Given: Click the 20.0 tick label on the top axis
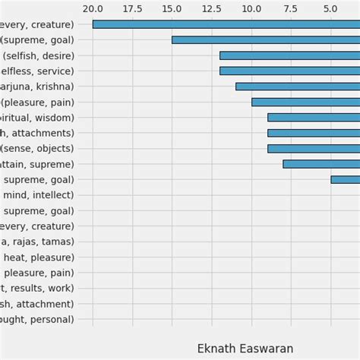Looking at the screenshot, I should point(93,8).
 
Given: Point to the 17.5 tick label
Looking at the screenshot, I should point(132,8).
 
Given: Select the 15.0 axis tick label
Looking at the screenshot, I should point(172,8).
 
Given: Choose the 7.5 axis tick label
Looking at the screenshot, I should point(290,8).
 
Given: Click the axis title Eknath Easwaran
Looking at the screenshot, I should point(245,349).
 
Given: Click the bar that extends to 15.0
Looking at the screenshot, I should point(265,39).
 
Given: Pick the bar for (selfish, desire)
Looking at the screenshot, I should point(289,55).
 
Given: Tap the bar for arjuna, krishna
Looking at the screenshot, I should point(297,87).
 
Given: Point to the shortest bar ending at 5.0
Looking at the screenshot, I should point(345,180).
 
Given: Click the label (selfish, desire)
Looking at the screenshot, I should point(39,55).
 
